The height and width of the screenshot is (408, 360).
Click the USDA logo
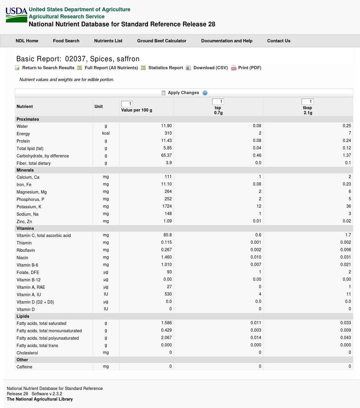tap(16, 15)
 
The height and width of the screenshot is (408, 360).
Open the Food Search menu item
tap(66, 41)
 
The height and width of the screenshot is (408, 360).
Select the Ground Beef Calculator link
tap(162, 41)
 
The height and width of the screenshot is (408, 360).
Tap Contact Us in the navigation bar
tap(278, 41)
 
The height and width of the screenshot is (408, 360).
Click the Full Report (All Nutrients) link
tap(111, 68)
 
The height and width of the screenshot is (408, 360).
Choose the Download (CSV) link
tap(210, 68)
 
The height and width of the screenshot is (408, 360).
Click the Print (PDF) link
tap(250, 68)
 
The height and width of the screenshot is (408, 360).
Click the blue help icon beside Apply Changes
tap(205, 93)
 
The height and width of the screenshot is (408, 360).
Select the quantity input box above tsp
tap(218, 102)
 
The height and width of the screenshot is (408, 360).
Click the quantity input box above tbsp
tap(307, 102)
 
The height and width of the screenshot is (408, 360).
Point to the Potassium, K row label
tap(29, 207)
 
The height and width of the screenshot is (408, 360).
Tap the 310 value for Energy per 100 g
tap(168, 133)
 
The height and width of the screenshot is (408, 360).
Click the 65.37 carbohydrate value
tap(166, 155)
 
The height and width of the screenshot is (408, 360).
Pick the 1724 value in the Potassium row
tap(167, 207)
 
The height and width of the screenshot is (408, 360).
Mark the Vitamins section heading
tap(25, 229)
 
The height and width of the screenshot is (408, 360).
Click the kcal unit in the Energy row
tap(106, 133)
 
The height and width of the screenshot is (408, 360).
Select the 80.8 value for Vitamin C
tap(167, 235)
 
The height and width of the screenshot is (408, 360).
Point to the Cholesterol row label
tap(27, 353)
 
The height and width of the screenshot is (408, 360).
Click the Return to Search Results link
tap(48, 68)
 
